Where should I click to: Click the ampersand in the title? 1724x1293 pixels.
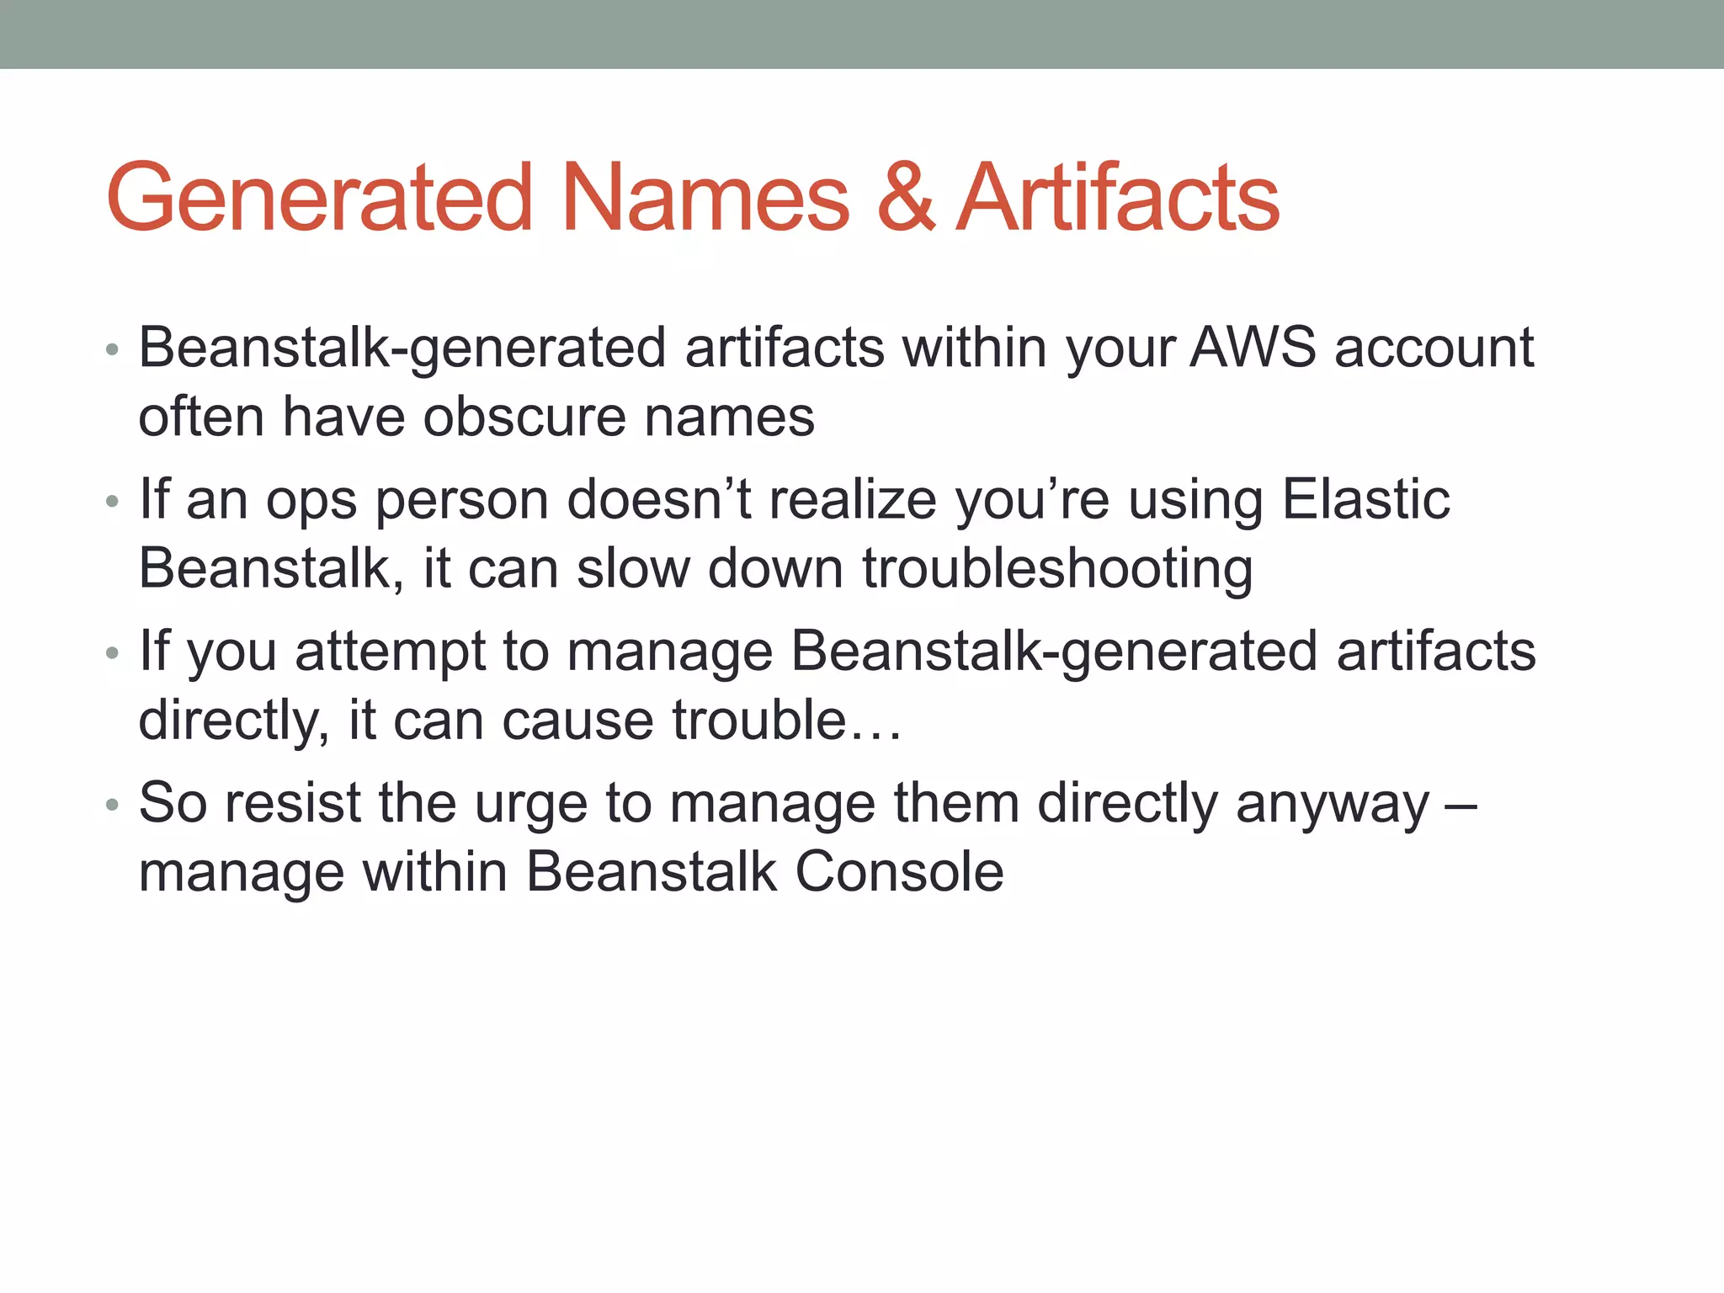click(906, 199)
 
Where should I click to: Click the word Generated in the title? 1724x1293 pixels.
click(320, 199)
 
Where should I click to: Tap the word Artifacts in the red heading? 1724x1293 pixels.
click(1119, 199)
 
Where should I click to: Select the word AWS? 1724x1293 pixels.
click(1253, 348)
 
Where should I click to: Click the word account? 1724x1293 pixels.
click(1434, 348)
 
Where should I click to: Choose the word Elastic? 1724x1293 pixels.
click(1365, 500)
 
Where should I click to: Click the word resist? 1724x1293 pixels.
click(293, 803)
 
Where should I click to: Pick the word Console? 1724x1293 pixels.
click(899, 872)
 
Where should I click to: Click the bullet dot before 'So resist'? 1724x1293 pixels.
click(113, 806)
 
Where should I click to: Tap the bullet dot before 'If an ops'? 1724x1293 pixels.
click(113, 503)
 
